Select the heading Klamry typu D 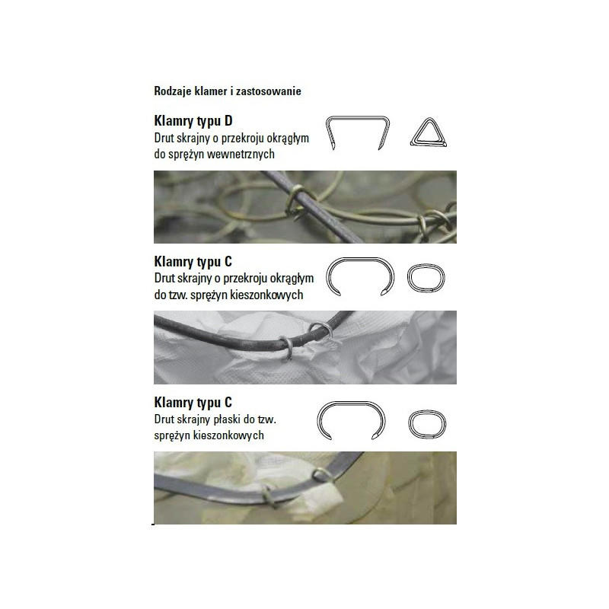[193, 121]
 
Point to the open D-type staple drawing [357, 117]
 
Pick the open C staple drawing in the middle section [359, 259]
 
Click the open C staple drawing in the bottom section [351, 403]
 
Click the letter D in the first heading [228, 121]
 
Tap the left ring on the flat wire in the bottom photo [268, 496]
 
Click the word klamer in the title [210, 91]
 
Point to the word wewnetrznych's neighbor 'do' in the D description [160, 154]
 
